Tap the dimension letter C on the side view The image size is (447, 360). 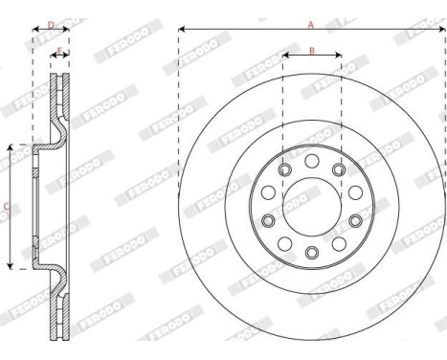6,205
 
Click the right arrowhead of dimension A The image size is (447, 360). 442,31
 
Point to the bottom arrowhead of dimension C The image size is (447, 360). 10,265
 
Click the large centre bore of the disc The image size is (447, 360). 312,206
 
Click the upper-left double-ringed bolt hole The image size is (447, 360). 284,170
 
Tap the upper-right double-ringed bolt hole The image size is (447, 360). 340,170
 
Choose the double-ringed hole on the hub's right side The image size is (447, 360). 355,220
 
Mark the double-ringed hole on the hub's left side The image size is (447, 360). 269,220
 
